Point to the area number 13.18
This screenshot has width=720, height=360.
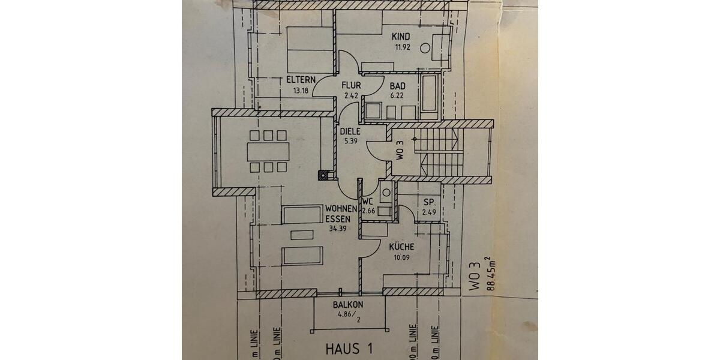[300, 91]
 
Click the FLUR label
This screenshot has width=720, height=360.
[351, 85]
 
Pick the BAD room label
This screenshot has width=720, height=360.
[397, 85]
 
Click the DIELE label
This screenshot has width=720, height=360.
[350, 131]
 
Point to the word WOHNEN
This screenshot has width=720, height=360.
[341, 209]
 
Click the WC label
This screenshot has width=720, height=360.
[368, 201]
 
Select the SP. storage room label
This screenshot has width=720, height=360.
[429, 202]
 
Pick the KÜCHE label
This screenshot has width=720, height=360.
[401, 247]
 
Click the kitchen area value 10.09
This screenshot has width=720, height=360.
[401, 259]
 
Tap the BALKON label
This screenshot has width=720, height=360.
[348, 304]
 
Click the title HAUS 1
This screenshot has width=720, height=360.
[348, 348]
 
